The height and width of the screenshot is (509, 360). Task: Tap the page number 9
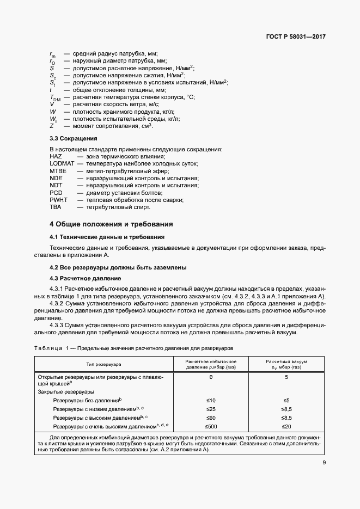(x=324, y=463)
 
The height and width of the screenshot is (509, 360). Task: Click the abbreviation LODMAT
(x=60, y=164)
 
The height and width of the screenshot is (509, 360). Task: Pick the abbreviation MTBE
(x=58, y=171)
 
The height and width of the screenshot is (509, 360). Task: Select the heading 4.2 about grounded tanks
(x=118, y=267)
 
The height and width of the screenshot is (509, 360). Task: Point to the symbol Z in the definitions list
(x=51, y=126)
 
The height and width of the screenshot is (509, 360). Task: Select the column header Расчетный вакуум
(x=286, y=361)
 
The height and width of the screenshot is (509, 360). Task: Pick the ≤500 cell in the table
(x=211, y=426)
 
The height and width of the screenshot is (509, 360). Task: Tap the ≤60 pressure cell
(x=211, y=418)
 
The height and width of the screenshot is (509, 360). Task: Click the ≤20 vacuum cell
(x=286, y=426)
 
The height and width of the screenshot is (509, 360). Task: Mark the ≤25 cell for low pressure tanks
(x=211, y=409)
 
